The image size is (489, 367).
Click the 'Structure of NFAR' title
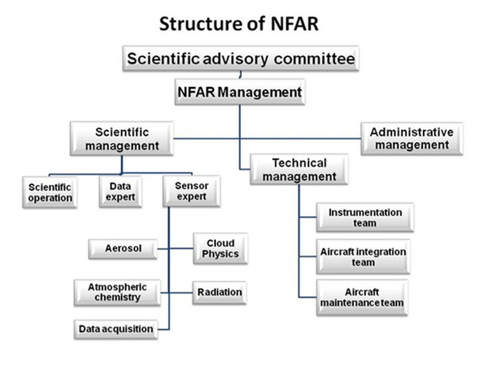(239, 24)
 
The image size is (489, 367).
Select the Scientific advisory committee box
(241, 58)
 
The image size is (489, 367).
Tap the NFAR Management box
(240, 92)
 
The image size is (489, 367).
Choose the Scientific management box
(122, 139)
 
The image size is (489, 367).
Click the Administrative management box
(412, 139)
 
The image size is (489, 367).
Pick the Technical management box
(299, 170)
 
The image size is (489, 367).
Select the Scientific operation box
(50, 192)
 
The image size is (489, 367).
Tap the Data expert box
(120, 191)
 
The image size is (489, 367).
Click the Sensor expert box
(192, 191)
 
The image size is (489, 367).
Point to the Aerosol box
(123, 249)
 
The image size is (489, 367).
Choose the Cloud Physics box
(221, 249)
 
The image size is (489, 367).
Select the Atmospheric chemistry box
(117, 293)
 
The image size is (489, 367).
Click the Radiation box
(220, 293)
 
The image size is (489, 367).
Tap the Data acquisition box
(116, 329)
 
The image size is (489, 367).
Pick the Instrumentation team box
(365, 218)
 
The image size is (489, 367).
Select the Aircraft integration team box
(363, 257)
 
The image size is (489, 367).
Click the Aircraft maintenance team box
(362, 298)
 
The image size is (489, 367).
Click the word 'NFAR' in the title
(295, 24)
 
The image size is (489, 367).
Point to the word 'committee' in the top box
(314, 58)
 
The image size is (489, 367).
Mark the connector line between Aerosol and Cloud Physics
(175, 249)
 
